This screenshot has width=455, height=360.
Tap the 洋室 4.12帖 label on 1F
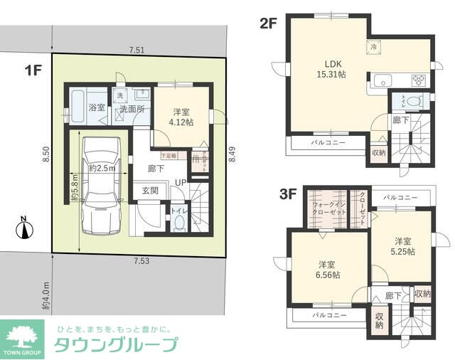pyautogui.click(x=181, y=117)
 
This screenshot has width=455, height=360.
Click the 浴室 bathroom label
pyautogui.click(x=97, y=107)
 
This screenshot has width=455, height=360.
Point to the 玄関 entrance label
pyautogui.click(x=149, y=190)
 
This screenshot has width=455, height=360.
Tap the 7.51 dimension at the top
pyautogui.click(x=138, y=50)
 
